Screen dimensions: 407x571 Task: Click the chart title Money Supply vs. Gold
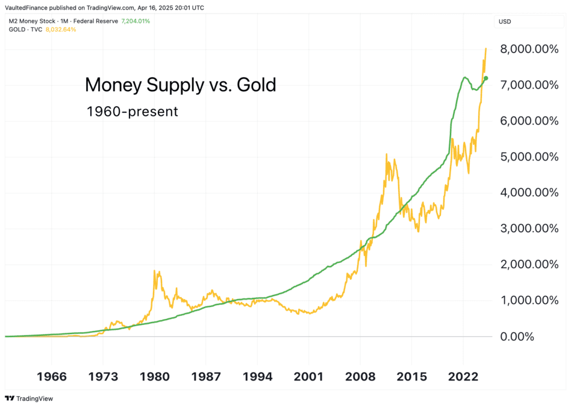tap(180, 85)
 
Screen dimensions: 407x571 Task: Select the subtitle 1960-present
tap(131, 112)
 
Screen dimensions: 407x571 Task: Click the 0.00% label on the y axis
tap(517, 336)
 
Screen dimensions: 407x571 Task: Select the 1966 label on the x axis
tap(51, 377)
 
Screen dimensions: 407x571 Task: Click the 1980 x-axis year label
tap(154, 377)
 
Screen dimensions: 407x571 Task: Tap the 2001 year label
tap(308, 377)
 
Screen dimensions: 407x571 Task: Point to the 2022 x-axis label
tap(463, 377)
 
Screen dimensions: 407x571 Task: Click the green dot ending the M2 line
tap(486, 78)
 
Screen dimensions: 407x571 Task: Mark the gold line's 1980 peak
tap(154, 271)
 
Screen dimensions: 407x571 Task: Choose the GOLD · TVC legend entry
tap(25, 30)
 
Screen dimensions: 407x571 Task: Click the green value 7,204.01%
tap(136, 21)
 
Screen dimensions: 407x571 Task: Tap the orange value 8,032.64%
tap(61, 30)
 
